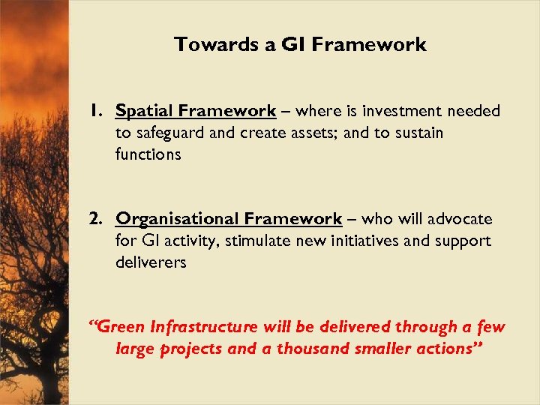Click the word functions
pos(148,154)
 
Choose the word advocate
pos(459,219)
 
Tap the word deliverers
pos(151,262)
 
